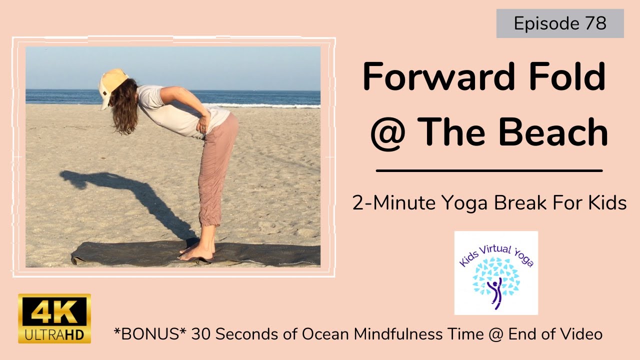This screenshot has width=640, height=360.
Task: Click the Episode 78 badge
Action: pyautogui.click(x=560, y=24)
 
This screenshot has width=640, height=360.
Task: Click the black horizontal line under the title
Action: pyautogui.click(x=489, y=170)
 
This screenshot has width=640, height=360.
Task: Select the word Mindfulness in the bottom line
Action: pyautogui.click(x=394, y=333)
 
